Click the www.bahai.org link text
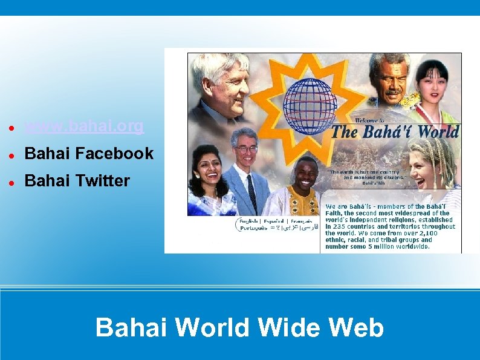(x=84, y=126)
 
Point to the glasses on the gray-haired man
(x=246, y=148)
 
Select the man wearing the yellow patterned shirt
(x=305, y=188)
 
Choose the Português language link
(x=253, y=229)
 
